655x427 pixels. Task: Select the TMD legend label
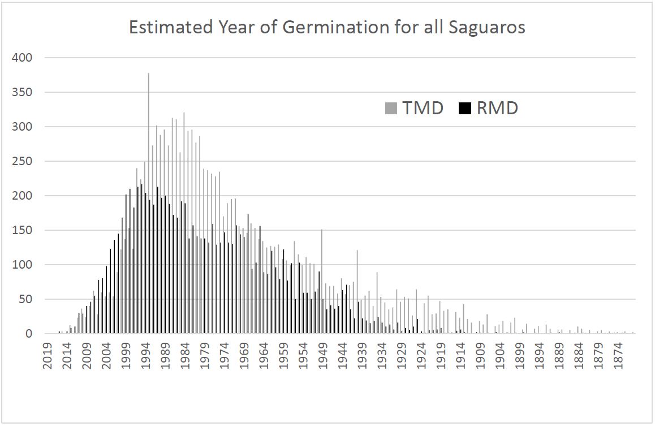(x=422, y=107)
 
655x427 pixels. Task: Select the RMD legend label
(x=497, y=107)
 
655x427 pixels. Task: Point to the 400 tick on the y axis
(x=23, y=58)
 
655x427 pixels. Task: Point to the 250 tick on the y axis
(x=23, y=161)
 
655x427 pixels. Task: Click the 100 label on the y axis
(x=23, y=265)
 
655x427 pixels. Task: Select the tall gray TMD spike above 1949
(x=322, y=271)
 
